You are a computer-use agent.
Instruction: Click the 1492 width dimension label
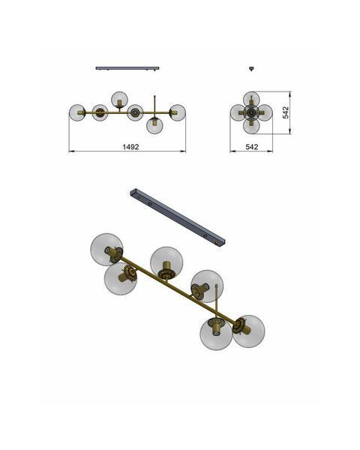point(130,147)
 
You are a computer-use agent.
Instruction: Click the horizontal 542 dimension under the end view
point(252,147)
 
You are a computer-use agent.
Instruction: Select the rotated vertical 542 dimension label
point(286,112)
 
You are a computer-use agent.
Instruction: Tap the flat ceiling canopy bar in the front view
point(127,68)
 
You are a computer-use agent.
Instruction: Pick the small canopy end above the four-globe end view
point(251,68)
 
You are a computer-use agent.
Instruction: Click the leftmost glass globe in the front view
point(77,112)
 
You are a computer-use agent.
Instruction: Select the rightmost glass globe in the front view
point(178,112)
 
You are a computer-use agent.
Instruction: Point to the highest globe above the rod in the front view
point(119,100)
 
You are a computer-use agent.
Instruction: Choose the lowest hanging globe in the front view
point(154,126)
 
